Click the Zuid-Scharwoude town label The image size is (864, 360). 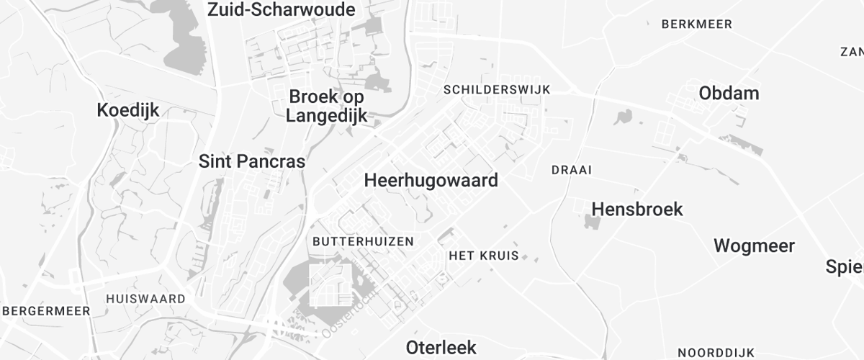(x=282, y=10)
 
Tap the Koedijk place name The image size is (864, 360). (x=128, y=110)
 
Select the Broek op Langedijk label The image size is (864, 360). (x=327, y=106)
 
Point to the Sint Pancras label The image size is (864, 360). (x=252, y=161)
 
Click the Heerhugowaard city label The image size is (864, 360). (x=431, y=180)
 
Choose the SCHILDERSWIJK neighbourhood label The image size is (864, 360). (x=497, y=89)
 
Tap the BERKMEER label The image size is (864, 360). (x=696, y=24)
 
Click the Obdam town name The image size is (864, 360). (x=729, y=94)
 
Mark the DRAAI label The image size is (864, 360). (x=571, y=171)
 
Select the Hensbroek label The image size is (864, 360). (x=637, y=209)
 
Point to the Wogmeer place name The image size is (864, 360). (x=754, y=246)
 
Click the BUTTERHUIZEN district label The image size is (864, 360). (x=364, y=241)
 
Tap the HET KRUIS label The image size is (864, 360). (x=483, y=256)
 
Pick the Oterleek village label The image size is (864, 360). (x=441, y=347)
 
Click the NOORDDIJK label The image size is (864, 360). (x=716, y=353)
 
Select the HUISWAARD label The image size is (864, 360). (x=145, y=298)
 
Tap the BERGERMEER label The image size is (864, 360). (x=46, y=311)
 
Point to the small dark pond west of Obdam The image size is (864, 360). (x=623, y=116)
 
